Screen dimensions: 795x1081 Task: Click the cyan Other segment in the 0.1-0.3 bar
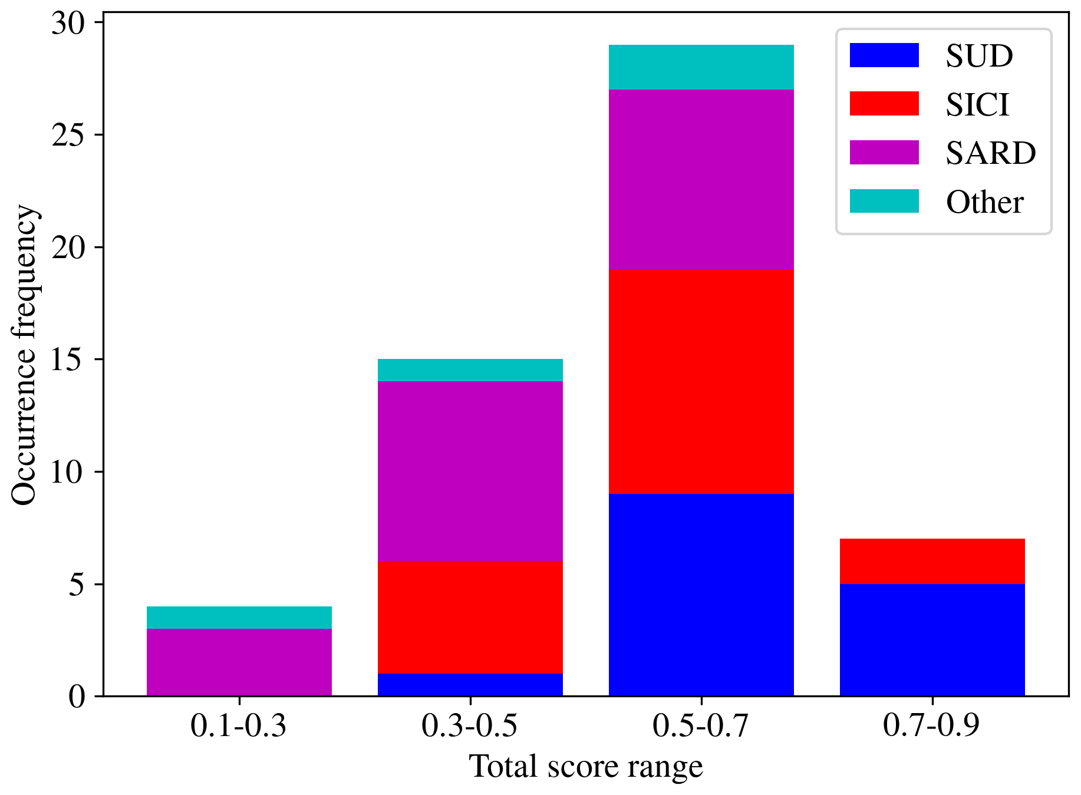pyautogui.click(x=239, y=618)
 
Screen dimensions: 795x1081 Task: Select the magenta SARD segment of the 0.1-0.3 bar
pyautogui.click(x=239, y=662)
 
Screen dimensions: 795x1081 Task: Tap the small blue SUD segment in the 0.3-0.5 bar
pyautogui.click(x=470, y=685)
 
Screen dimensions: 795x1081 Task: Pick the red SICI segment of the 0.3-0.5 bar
pyautogui.click(x=470, y=617)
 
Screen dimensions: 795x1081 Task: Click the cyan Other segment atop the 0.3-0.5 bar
pyautogui.click(x=470, y=370)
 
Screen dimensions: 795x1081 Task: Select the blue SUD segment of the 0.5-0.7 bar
pyautogui.click(x=701, y=595)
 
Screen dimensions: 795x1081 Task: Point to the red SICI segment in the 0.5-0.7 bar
pyautogui.click(x=701, y=381)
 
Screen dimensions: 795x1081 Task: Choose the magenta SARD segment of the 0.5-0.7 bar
pyautogui.click(x=701, y=179)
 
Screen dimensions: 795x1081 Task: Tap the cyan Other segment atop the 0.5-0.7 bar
pyautogui.click(x=701, y=67)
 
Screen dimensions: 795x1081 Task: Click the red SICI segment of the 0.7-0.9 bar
pyautogui.click(x=932, y=561)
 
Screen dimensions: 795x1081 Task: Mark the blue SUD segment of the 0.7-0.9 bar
pyautogui.click(x=932, y=640)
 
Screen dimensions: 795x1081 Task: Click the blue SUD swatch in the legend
pyautogui.click(x=884, y=55)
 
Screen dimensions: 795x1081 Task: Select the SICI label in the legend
pyautogui.click(x=977, y=104)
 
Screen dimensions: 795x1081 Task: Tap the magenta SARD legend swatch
pyautogui.click(x=884, y=153)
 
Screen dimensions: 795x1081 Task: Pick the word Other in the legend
pyautogui.click(x=984, y=202)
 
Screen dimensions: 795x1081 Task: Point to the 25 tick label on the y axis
pyautogui.click(x=69, y=135)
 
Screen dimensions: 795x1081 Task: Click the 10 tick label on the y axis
pyautogui.click(x=69, y=472)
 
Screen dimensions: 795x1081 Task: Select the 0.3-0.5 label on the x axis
pyautogui.click(x=470, y=725)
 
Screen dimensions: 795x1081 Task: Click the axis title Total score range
pyautogui.click(x=586, y=767)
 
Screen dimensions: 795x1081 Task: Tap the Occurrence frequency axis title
pyautogui.click(x=25, y=355)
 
